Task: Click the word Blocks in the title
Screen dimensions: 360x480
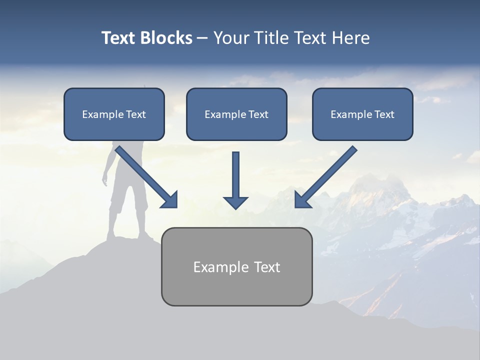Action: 167,38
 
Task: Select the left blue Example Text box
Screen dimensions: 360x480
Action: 114,114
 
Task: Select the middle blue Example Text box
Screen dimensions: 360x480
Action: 236,114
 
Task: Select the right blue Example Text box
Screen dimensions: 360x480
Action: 362,114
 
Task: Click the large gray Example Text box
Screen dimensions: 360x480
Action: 236,266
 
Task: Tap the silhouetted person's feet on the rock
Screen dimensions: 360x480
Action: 127,236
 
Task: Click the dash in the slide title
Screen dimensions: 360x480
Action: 202,38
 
